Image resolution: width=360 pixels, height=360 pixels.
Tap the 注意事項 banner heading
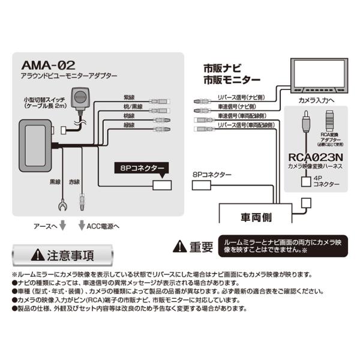[x=64, y=255]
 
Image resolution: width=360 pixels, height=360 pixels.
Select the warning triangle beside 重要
[x=179, y=246]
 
